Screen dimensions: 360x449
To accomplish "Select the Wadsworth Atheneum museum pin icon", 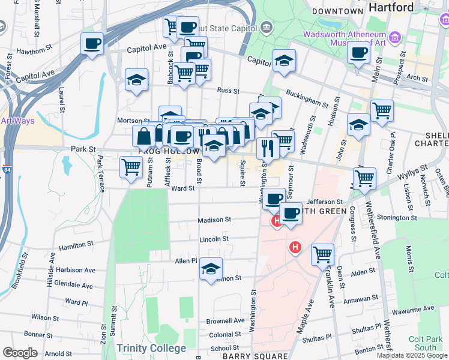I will click(395, 39).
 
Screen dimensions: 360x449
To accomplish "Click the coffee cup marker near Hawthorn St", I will click(92, 44).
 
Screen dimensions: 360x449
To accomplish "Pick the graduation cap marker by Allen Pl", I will click(211, 269).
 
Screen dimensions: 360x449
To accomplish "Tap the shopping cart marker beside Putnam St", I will click(131, 167).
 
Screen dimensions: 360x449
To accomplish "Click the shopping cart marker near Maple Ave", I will click(322, 254).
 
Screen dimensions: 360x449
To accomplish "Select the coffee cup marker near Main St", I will click(358, 53).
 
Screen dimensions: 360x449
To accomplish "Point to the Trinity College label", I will click(151, 348).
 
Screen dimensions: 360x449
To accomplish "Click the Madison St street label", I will click(214, 220).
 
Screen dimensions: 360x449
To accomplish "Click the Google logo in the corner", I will click(20, 352).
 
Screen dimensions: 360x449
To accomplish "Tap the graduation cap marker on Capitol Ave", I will click(284, 61).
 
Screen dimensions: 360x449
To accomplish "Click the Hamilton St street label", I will click(75, 245).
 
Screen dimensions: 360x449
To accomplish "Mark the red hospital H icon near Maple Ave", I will click(295, 247).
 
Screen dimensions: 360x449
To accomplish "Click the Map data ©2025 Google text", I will click(412, 355).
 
